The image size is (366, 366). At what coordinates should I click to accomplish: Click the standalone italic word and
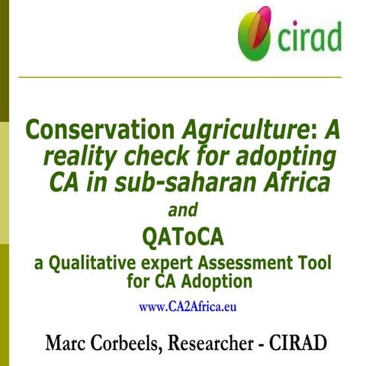pyautogui.click(x=183, y=209)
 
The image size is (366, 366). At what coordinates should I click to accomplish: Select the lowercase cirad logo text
pyautogui.click(x=308, y=37)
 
